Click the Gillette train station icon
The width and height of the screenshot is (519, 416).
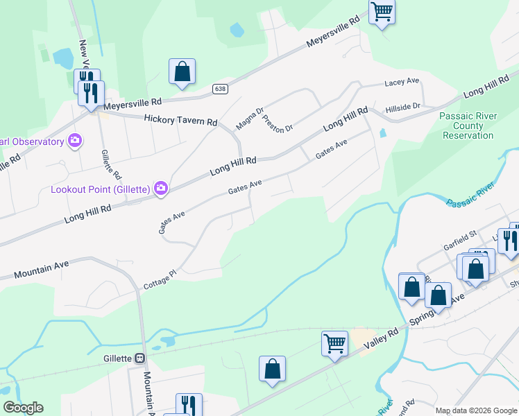[x=140, y=358]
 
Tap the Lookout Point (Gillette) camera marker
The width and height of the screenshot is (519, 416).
[x=161, y=188]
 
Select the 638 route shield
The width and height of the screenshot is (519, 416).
[x=220, y=89]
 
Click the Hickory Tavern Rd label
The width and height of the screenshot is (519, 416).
[x=180, y=120]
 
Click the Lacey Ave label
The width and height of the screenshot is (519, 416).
[x=402, y=82]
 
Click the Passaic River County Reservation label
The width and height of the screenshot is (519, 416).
[x=468, y=125]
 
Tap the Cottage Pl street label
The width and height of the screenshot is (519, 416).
[x=161, y=279]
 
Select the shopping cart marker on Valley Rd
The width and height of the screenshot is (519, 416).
[x=334, y=343]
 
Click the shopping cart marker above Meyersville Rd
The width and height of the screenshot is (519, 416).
[x=382, y=11]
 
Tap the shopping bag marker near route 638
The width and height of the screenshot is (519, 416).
[x=182, y=71]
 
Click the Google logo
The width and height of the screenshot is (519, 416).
[x=23, y=408]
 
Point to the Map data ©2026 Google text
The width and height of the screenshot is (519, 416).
[x=477, y=410]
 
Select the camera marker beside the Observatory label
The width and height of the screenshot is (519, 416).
[x=74, y=141]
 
